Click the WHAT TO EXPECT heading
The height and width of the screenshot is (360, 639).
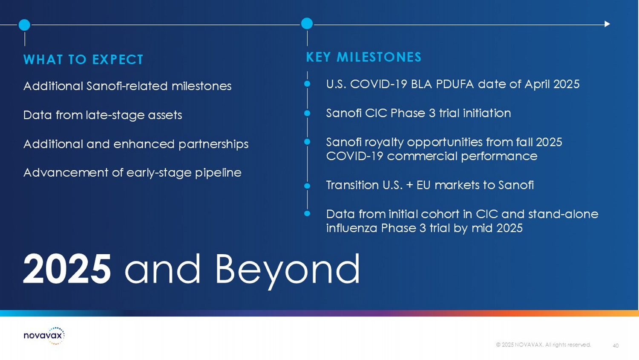pos(83,59)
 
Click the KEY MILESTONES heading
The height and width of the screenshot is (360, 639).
pos(364,57)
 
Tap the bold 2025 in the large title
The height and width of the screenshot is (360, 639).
pos(67,269)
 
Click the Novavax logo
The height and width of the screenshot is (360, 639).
pos(44,335)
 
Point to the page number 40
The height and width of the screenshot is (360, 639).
pos(616,345)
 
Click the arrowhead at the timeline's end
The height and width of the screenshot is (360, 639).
pos(607,24)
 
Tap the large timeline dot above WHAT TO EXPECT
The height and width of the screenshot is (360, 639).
pos(24,25)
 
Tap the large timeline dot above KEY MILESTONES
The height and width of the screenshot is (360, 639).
pos(307,23)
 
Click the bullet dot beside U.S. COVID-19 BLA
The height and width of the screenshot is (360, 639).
pos(307,84)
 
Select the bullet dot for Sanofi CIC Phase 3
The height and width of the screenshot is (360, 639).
pos(307,113)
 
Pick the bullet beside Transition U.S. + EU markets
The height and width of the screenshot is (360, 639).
pos(307,186)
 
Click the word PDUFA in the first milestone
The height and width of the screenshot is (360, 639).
pos(455,84)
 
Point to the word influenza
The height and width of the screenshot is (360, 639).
pos(351,228)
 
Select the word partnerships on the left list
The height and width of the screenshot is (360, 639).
pos(213,144)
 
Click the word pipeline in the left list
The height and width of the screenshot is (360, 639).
pos(218,173)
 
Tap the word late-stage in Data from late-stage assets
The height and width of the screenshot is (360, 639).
pos(115,115)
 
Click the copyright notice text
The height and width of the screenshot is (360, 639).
pos(544,345)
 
